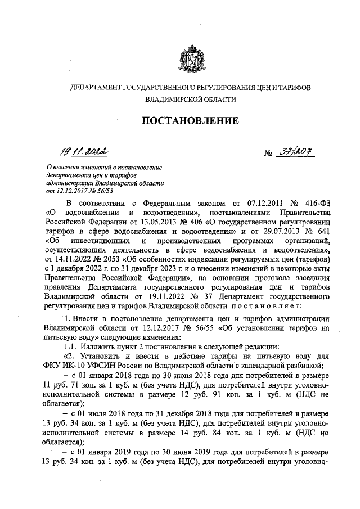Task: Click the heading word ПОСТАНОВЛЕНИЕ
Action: pos(190,121)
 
